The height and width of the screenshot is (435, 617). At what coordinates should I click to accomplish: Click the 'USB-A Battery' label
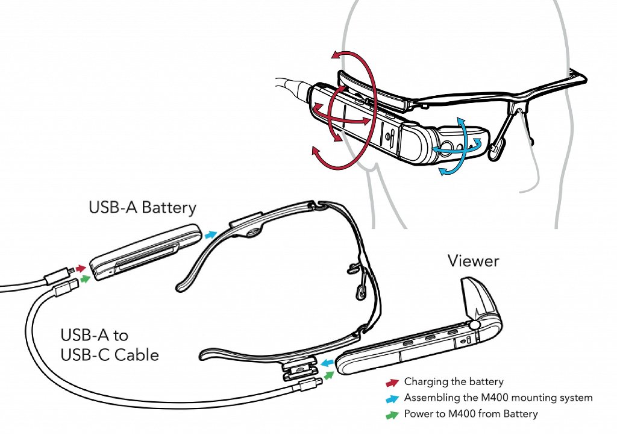tap(142, 208)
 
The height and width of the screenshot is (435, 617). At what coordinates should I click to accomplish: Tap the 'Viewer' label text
tap(473, 261)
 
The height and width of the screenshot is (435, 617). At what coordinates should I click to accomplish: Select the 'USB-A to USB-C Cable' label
tap(110, 345)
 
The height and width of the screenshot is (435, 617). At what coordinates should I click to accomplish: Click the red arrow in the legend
tap(392, 382)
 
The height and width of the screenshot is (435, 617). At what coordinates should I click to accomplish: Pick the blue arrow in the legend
tap(392, 398)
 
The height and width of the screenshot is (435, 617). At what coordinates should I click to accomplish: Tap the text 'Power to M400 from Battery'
tap(471, 414)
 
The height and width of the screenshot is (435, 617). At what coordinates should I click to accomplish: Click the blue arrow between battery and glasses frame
tap(211, 234)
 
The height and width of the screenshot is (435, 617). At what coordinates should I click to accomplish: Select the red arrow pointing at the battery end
tap(81, 268)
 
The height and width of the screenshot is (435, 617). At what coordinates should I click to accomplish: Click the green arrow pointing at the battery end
tap(86, 279)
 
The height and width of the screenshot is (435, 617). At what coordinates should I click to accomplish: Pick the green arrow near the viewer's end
tap(329, 375)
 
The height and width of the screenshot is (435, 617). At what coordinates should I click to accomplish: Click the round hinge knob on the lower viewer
tap(477, 325)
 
